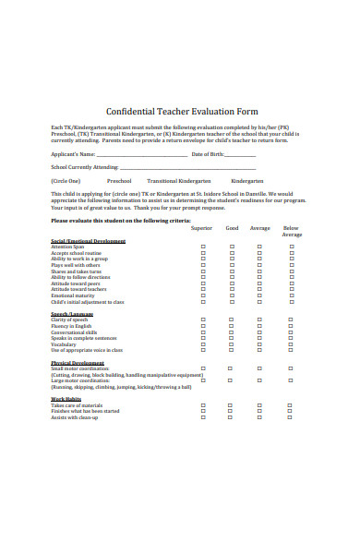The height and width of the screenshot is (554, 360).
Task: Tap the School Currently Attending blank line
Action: (147, 167)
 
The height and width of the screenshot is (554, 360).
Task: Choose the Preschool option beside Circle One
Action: (119, 181)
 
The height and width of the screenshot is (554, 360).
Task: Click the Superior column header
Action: (201, 227)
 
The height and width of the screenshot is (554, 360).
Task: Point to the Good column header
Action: (232, 227)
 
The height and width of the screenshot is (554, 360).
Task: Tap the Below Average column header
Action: (292, 231)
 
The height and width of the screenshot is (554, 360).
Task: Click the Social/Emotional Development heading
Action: (88, 241)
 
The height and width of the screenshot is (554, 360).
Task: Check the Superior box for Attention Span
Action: (203, 247)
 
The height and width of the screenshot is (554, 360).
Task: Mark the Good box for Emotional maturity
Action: (232, 295)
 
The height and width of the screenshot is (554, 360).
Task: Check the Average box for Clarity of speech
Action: (259, 320)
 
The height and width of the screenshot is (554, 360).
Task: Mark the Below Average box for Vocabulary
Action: (289, 344)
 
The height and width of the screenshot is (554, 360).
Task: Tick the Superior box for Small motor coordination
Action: (203, 368)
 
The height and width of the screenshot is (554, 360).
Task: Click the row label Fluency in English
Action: (71, 326)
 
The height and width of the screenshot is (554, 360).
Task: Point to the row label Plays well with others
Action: (75, 265)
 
